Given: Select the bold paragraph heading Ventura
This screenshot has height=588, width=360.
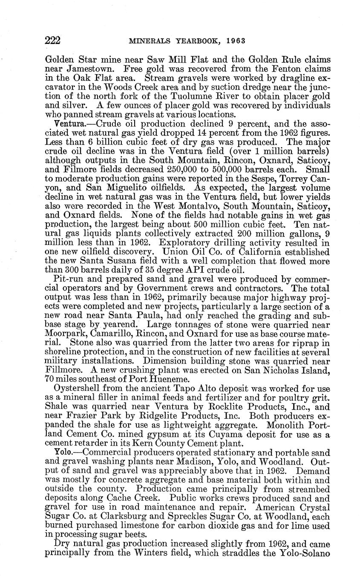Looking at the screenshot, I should [64, 124].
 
